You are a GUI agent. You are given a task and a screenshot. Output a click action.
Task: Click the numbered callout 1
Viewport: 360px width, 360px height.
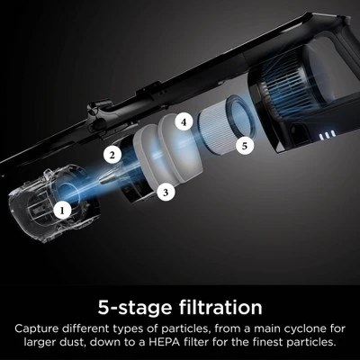point(62,210)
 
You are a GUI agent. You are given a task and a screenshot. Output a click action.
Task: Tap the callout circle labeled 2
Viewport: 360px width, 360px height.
point(112,155)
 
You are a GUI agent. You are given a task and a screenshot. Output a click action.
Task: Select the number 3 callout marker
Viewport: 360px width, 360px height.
point(166,193)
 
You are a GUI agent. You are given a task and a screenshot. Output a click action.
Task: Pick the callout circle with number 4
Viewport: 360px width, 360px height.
point(184,122)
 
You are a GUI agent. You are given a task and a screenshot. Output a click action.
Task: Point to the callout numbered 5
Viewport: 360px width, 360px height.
point(245,146)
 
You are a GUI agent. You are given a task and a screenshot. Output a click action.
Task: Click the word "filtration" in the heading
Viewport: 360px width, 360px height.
point(220,307)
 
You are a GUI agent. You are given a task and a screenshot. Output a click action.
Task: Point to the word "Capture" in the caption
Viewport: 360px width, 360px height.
point(36,329)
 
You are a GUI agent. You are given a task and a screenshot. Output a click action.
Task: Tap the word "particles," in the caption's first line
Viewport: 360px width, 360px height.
point(186,329)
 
